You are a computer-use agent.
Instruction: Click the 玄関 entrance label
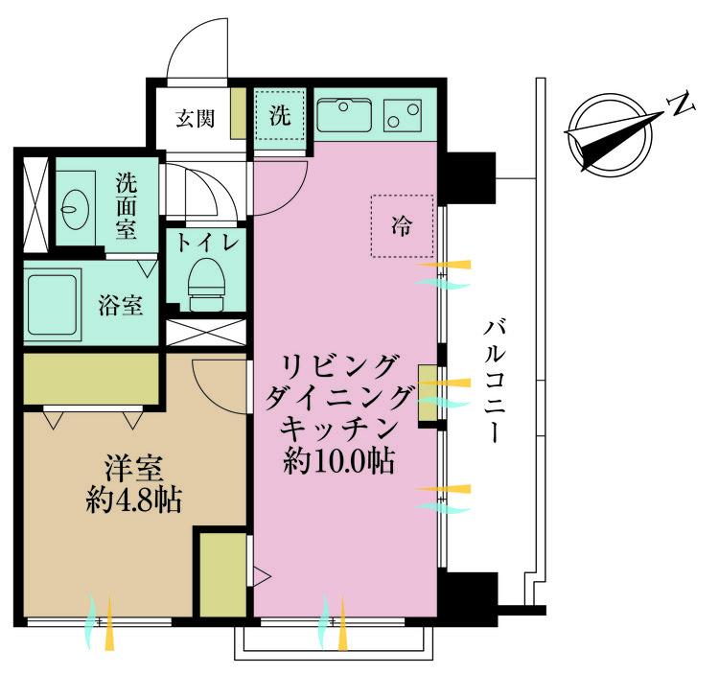[x=195, y=118]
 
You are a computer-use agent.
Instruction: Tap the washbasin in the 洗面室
[x=75, y=209]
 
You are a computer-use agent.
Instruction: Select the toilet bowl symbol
[x=207, y=285]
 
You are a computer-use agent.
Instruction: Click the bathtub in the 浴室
[x=52, y=305]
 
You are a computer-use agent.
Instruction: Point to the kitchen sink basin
[x=344, y=115]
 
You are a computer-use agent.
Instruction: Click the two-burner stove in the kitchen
[x=403, y=115]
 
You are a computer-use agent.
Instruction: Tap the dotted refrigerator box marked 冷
[x=402, y=225]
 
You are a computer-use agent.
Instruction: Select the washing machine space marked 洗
[x=280, y=115]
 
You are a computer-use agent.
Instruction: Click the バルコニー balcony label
[x=495, y=382]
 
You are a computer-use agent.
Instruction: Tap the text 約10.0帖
[x=339, y=461]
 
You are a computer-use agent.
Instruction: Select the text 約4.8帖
[x=134, y=500]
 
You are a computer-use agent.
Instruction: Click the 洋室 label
[x=134, y=468]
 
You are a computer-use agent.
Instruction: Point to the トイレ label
[x=207, y=243]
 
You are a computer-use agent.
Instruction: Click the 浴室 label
[x=121, y=305]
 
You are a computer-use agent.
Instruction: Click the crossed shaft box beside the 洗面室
[x=35, y=204]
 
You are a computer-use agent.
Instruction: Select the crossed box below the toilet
[x=206, y=333]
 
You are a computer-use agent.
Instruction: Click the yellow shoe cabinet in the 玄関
[x=239, y=113]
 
